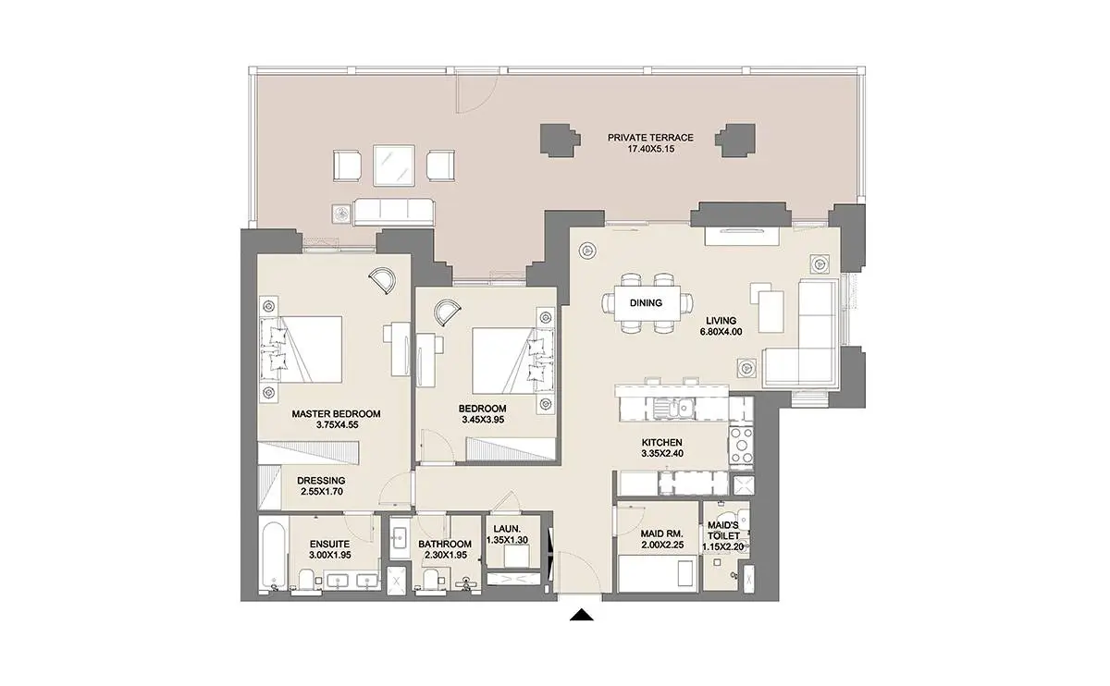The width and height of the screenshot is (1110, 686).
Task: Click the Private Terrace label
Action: pos(650,138)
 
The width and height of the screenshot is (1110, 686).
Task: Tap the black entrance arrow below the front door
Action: pos(582,615)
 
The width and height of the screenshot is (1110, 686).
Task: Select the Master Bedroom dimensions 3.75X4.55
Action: pos(337,425)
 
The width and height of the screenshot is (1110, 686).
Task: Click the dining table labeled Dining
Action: pos(647,302)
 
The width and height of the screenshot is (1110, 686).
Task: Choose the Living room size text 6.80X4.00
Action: pos(721,332)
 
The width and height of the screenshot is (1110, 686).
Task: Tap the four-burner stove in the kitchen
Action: pos(741,446)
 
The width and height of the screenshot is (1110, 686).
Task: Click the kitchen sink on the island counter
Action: pos(673,410)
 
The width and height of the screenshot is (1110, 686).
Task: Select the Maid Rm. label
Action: pos(661,534)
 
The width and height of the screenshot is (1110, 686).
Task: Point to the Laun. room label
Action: pos(507,529)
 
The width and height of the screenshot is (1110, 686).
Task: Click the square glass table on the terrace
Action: pos(394,165)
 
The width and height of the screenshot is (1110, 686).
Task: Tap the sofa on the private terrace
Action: pos(394,213)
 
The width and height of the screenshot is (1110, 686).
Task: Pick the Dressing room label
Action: pos(321,481)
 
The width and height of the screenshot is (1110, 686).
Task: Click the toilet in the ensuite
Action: pos(305,580)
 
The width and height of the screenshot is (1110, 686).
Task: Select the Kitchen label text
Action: pos(662,442)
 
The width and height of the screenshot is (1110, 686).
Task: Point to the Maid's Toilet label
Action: pos(723,531)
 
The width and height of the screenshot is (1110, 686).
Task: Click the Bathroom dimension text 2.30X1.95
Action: pos(446,556)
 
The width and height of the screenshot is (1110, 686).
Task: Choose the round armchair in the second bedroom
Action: pos(447,313)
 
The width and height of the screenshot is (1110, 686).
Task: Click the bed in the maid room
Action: pos(658,573)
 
